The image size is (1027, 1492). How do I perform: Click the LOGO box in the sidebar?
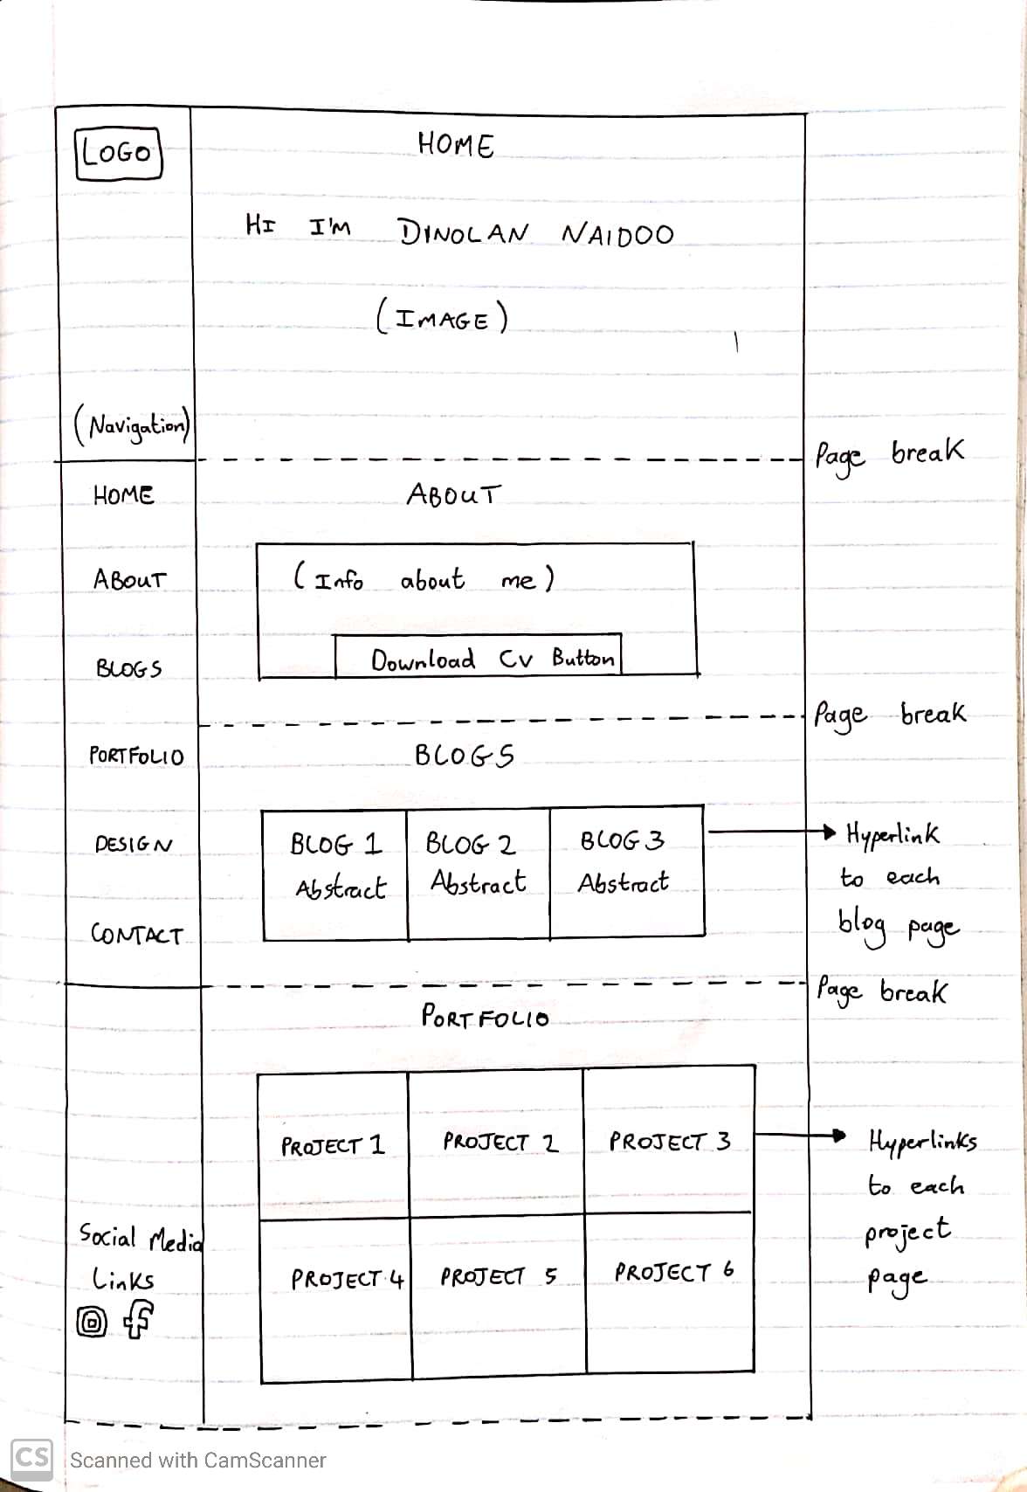click(x=119, y=153)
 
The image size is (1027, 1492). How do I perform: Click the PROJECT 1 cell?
click(x=333, y=1144)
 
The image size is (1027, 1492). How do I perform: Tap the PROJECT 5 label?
click(x=498, y=1277)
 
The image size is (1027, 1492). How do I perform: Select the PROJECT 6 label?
click(x=673, y=1272)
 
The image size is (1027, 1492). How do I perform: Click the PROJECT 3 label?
click(x=670, y=1142)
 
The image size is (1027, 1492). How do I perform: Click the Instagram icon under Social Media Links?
click(x=93, y=1323)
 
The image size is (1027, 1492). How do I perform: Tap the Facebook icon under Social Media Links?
click(x=138, y=1319)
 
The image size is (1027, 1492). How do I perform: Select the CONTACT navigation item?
click(x=137, y=936)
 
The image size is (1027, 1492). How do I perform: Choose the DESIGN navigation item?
click(x=134, y=845)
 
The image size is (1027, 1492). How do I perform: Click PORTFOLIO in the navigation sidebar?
click(x=137, y=756)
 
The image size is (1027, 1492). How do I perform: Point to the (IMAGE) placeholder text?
click(x=442, y=318)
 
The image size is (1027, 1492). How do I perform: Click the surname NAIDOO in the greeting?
click(x=617, y=234)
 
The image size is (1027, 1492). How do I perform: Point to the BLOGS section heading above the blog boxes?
click(x=464, y=756)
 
